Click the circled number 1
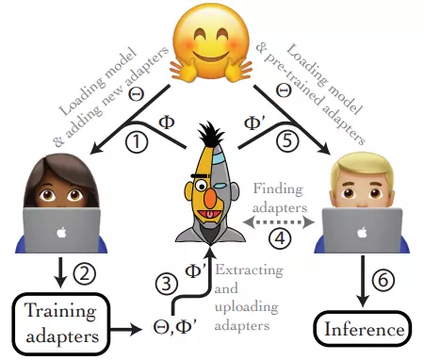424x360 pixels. (137, 142)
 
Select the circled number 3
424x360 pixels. (167, 284)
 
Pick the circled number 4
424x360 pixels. (280, 237)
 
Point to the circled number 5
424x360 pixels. (287, 140)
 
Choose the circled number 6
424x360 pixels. (383, 279)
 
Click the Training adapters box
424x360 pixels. (61, 323)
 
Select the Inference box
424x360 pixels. (364, 329)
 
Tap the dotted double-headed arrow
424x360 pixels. (279, 222)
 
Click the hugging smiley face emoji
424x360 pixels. (210, 44)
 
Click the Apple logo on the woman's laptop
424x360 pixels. (61, 233)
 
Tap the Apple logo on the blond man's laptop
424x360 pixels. (362, 233)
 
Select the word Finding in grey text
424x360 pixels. (278, 189)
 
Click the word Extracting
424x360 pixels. (249, 270)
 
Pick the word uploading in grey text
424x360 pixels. (247, 307)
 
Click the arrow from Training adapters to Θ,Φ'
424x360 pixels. (126, 330)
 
